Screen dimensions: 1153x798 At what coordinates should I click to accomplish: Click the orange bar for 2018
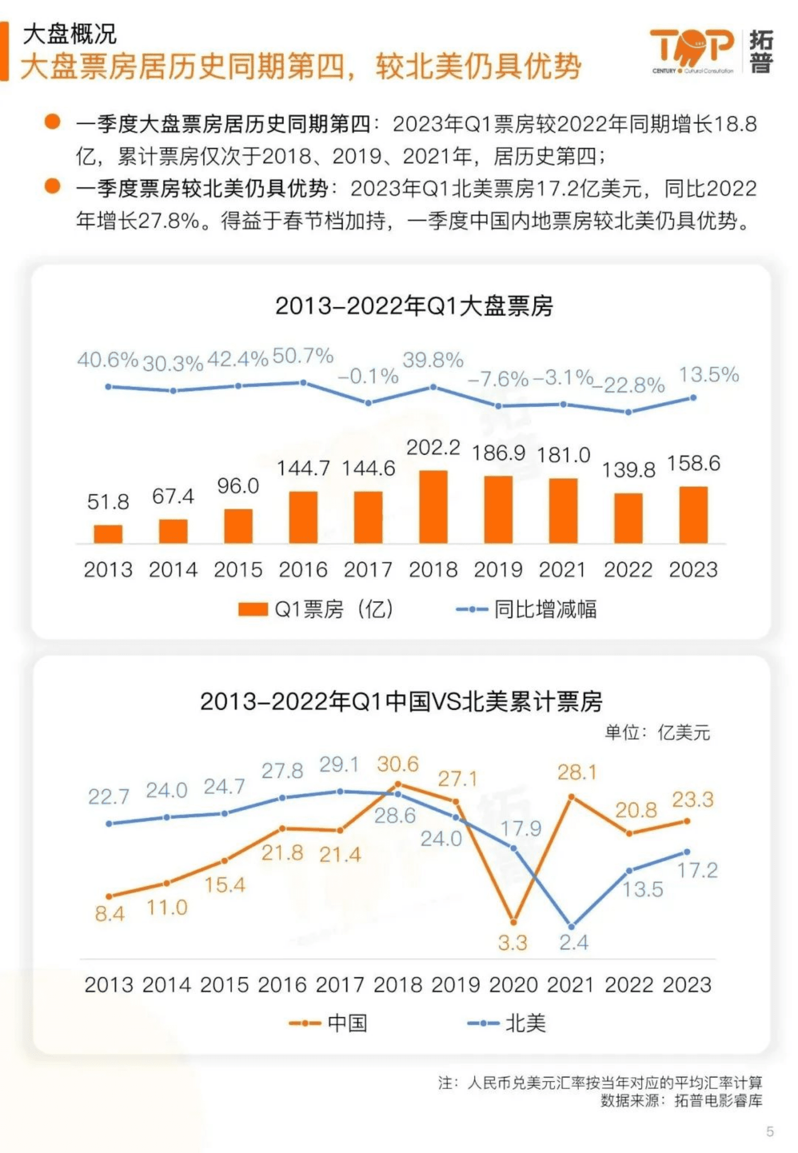pos(433,507)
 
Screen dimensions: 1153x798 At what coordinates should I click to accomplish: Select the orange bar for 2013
pos(108,534)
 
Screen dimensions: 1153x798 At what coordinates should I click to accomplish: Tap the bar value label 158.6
pos(693,463)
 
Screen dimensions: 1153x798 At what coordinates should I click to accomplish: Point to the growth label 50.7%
pos(302,356)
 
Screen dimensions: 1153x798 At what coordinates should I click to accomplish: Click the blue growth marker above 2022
pos(629,412)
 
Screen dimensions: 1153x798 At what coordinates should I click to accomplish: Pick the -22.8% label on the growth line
pos(629,385)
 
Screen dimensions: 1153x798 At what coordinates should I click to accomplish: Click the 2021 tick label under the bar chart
pos(563,570)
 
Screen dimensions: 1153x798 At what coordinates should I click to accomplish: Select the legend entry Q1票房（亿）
pos(316,609)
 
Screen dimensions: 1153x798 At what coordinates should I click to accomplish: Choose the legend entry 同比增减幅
pos(527,609)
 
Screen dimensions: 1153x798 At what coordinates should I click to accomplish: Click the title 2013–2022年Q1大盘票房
pos(414,306)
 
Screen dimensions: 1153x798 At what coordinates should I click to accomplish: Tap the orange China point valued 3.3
pos(514,922)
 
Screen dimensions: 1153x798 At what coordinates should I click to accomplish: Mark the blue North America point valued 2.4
pos(572,927)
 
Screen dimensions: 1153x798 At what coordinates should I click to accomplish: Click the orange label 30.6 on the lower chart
pos(397,764)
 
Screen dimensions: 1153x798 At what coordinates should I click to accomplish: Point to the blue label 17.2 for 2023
pos(697,870)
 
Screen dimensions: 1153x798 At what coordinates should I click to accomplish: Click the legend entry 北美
pos(507,1023)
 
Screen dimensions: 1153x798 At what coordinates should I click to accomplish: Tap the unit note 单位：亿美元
pos(657,732)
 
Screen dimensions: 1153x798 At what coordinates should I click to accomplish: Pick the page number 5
pos(770,1131)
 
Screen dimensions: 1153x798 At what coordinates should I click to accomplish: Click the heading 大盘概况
pos(70,34)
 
